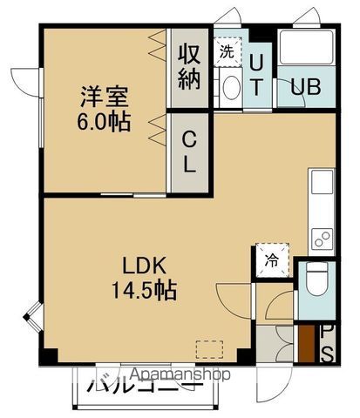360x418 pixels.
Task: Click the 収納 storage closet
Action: (190, 66)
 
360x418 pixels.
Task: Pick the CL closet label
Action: (189, 150)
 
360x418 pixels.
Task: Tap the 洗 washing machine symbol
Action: (227, 51)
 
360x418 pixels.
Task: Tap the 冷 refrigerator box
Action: (270, 260)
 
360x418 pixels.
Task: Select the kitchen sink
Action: (319, 185)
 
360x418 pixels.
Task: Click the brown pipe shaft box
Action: (307, 343)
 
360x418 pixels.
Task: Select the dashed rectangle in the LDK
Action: (209, 347)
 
